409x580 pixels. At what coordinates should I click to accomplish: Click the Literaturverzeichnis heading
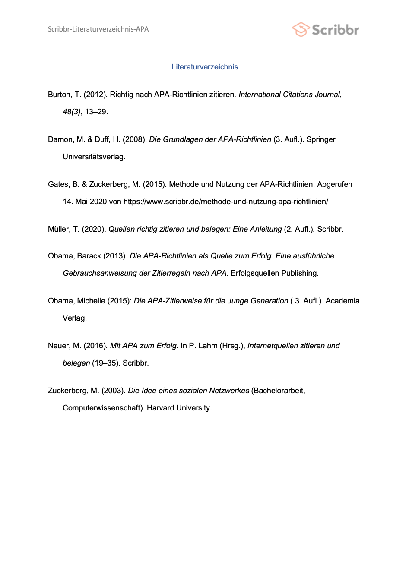(x=205, y=67)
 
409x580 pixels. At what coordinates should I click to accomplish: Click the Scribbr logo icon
(x=301, y=29)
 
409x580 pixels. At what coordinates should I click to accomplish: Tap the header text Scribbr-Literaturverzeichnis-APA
(x=98, y=29)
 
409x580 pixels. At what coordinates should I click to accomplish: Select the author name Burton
(x=60, y=95)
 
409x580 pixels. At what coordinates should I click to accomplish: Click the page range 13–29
(x=96, y=112)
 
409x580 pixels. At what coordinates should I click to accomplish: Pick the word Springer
(x=321, y=139)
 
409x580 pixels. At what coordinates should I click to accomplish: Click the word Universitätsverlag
(x=94, y=157)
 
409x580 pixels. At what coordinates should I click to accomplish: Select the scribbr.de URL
(x=225, y=202)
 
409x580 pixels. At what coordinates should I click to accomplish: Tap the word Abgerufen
(x=335, y=184)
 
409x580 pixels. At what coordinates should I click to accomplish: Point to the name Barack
(x=89, y=256)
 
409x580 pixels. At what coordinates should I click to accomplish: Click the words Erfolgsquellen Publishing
(x=274, y=273)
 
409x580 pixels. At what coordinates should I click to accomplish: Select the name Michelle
(x=91, y=301)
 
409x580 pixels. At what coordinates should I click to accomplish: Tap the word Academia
(x=342, y=301)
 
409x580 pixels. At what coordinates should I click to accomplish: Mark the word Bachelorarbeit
(x=278, y=391)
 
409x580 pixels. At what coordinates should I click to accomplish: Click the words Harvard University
(x=179, y=408)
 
